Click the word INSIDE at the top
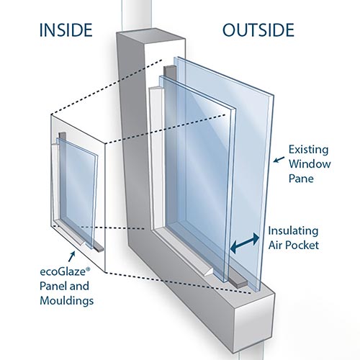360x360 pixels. [66, 30]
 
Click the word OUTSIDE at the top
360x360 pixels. [258, 30]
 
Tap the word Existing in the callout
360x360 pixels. [308, 150]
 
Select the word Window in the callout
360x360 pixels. [310, 164]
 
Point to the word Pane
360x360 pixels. [301, 179]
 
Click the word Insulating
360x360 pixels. [293, 231]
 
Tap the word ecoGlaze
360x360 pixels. [63, 272]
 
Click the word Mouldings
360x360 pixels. [67, 301]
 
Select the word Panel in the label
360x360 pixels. [52, 286]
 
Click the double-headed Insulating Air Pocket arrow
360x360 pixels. [245, 243]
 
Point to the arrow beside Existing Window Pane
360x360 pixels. [279, 160]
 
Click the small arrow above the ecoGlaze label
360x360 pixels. [71, 256]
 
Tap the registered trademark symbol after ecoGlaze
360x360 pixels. [88, 269]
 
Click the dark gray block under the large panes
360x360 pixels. [238, 282]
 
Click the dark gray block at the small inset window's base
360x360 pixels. [99, 248]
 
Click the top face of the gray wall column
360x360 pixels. [151, 35]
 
